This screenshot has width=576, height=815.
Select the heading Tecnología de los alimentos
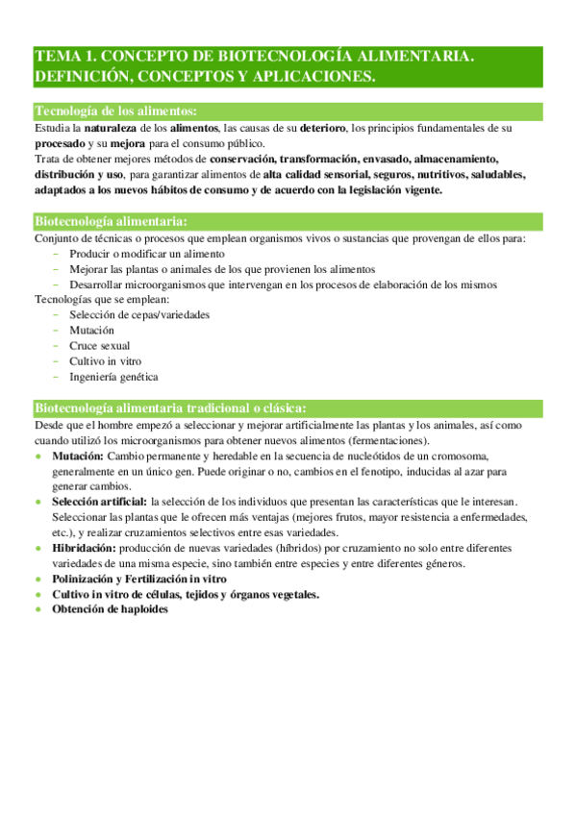(116, 111)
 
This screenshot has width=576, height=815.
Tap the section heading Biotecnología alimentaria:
(111, 222)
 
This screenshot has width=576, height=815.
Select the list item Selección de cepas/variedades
(139, 315)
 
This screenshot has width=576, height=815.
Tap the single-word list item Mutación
(91, 331)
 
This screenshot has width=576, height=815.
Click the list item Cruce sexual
(100, 346)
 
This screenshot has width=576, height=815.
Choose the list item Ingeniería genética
(113, 377)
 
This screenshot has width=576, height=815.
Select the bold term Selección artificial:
(100, 502)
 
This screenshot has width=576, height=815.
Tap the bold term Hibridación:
(86, 548)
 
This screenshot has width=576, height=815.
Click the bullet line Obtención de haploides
(111, 609)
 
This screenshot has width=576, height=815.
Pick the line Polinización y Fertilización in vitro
(139, 579)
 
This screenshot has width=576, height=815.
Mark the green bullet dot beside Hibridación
(38, 549)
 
